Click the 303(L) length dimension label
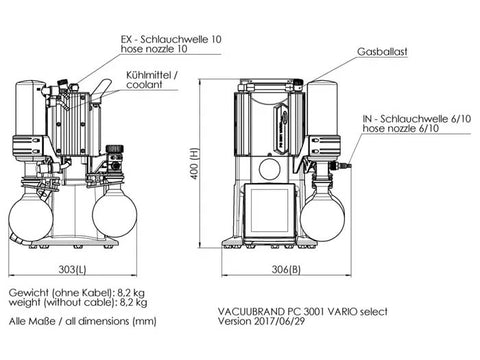tap(72, 269)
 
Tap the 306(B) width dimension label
tap(286, 269)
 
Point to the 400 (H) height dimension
tap(195, 163)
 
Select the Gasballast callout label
tap(382, 52)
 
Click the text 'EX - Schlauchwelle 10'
tap(171, 39)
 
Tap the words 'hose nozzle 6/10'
tap(401, 128)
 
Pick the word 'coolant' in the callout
tap(144, 85)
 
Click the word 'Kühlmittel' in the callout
tap(149, 75)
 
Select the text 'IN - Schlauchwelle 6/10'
tap(417, 119)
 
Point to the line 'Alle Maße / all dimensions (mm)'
tap(82, 321)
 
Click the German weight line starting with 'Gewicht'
tap(77, 293)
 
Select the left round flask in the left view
tap(31, 217)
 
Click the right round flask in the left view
tap(114, 215)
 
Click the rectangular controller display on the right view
tap(269, 210)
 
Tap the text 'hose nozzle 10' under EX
tap(154, 49)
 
